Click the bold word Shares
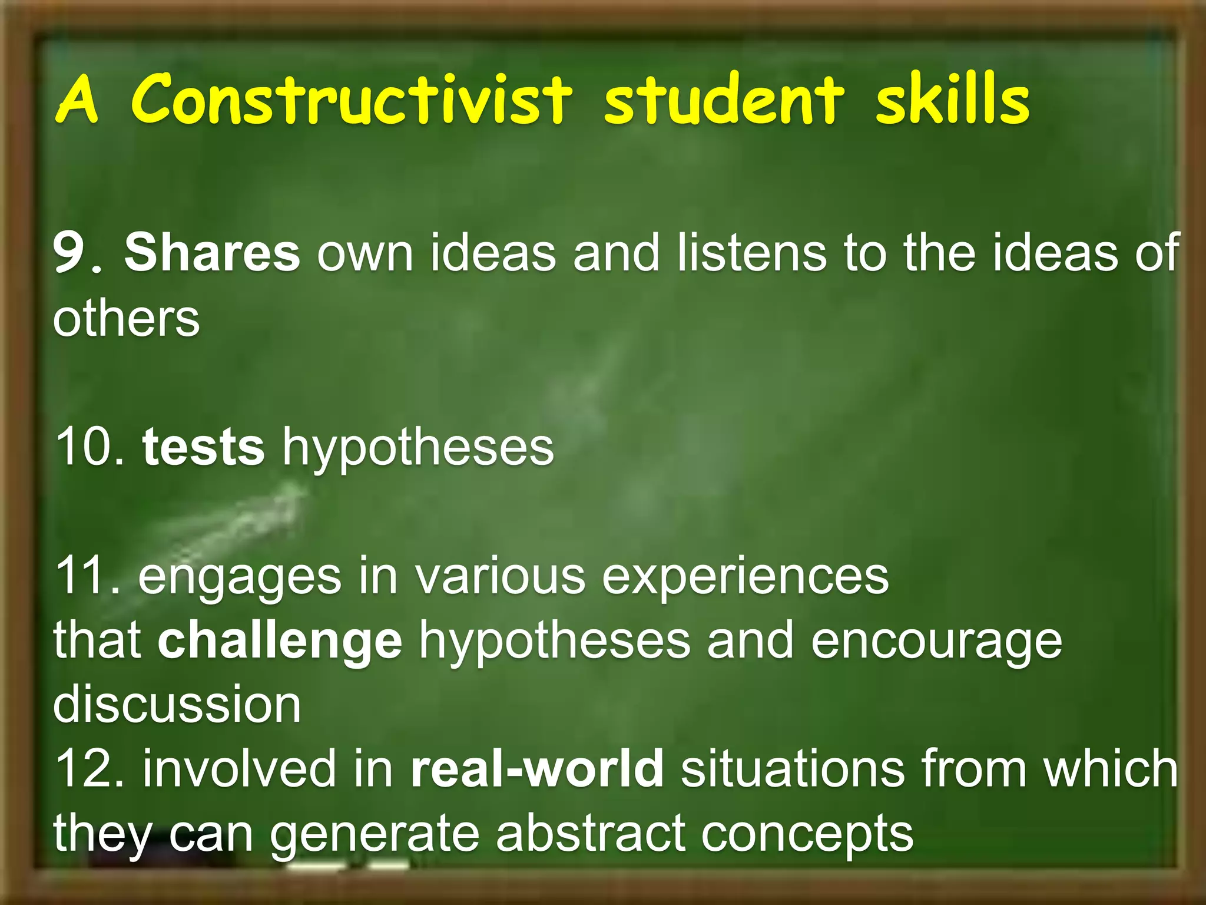click(x=212, y=252)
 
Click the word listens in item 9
click(x=751, y=252)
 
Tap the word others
click(x=126, y=318)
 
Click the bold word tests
click(x=203, y=447)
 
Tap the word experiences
click(x=745, y=577)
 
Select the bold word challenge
click(x=280, y=641)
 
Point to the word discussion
click(x=177, y=705)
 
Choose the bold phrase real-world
click(x=537, y=768)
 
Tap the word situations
click(x=793, y=768)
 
